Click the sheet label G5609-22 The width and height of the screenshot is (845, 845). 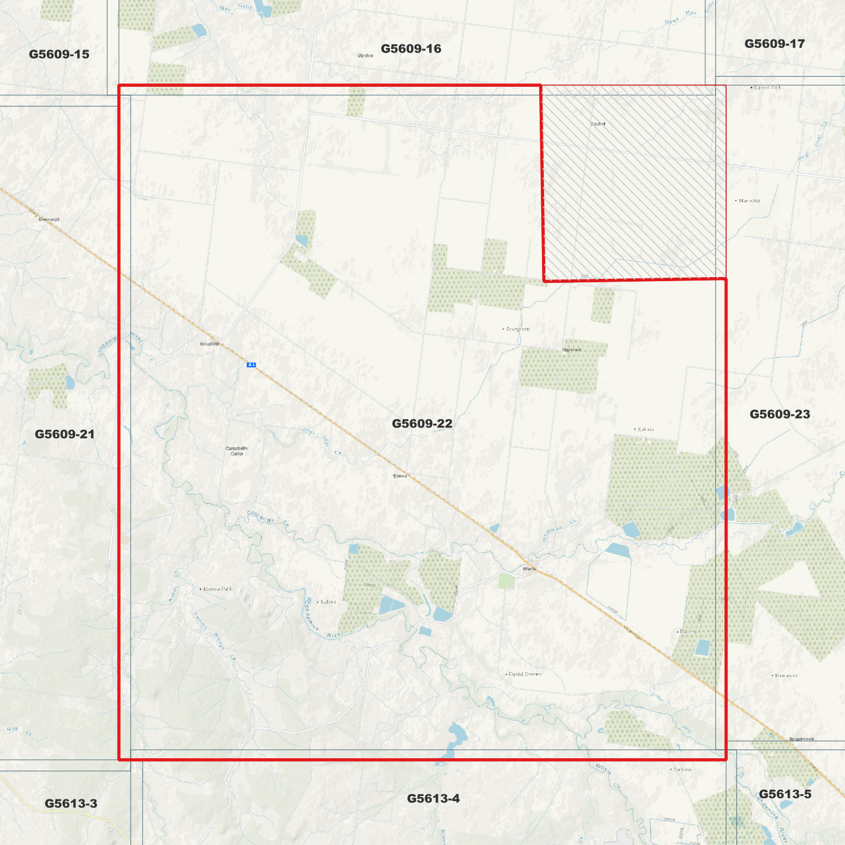point(422,423)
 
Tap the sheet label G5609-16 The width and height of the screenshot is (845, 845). point(411,49)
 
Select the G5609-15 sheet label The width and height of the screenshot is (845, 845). point(59,54)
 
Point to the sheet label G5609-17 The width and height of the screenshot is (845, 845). point(774,44)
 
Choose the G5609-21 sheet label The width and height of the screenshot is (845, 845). point(64,434)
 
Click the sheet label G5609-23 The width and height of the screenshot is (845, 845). point(780,414)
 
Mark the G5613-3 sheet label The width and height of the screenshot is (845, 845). point(71,803)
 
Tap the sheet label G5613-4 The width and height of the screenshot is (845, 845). point(433,798)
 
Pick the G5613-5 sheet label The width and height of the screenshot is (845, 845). point(785,794)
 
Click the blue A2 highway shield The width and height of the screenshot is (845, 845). point(251,365)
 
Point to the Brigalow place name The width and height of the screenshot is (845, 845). point(209,344)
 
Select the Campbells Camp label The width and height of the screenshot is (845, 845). point(236,451)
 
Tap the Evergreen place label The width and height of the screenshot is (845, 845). point(518,329)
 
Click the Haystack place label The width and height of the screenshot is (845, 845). point(572,350)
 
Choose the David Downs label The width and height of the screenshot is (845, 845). point(525,674)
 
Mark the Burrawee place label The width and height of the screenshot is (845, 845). point(786,675)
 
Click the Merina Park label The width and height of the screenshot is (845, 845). point(218,589)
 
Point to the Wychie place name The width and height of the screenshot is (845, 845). point(365,56)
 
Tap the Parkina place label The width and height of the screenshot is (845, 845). point(682,770)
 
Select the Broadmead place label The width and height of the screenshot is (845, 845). point(801,739)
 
